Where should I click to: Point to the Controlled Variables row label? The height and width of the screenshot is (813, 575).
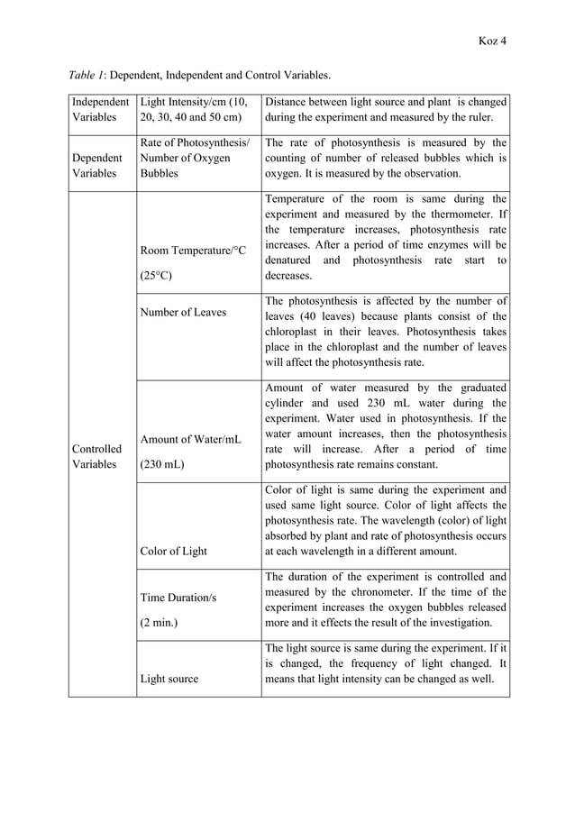(x=98, y=456)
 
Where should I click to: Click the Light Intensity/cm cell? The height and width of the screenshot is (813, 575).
(x=194, y=109)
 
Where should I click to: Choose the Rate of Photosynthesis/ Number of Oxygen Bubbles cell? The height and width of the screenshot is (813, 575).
(x=193, y=158)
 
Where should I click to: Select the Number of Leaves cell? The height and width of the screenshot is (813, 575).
(x=181, y=312)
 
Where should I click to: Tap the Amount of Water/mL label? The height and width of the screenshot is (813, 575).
(x=191, y=440)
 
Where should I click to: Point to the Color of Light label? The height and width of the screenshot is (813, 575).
(x=173, y=551)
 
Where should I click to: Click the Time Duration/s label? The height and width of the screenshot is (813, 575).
(x=178, y=598)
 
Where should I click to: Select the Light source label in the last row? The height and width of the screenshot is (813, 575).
(x=169, y=678)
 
